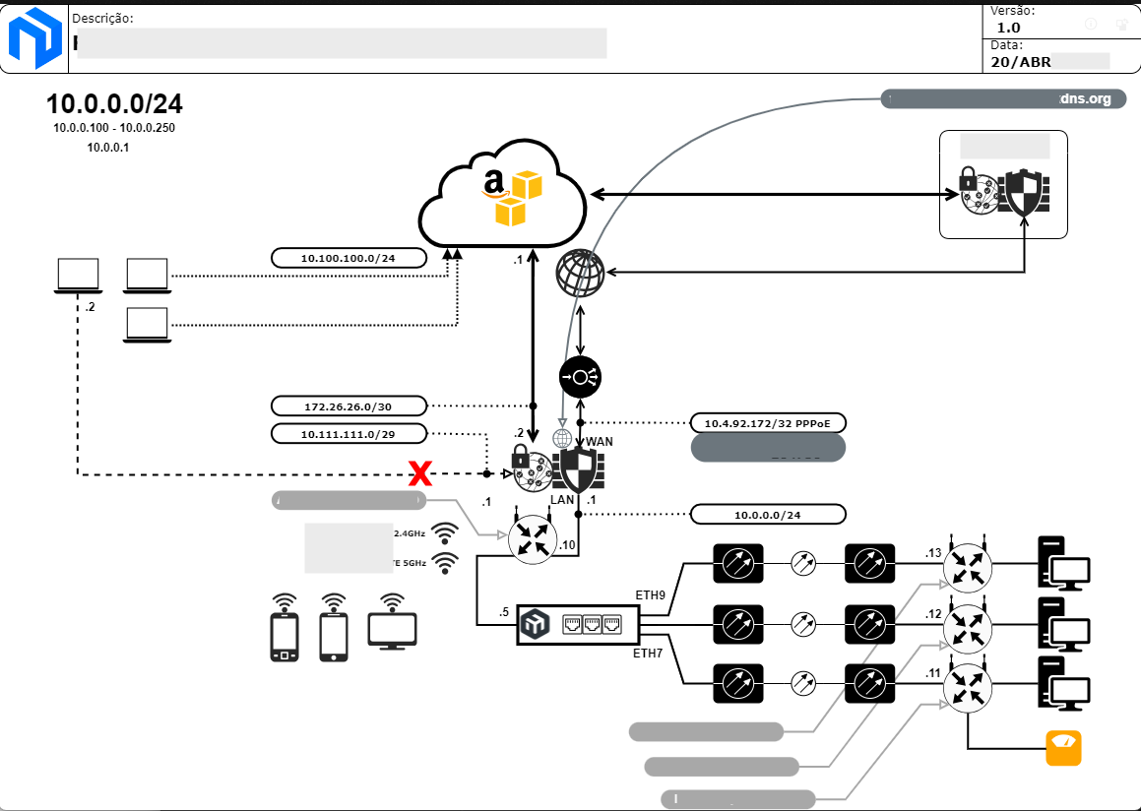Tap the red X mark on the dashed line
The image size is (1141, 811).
[420, 474]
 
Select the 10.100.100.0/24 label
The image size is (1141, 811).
[349, 258]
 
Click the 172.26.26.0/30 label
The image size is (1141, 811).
[349, 405]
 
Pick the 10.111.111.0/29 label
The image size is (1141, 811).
[349, 433]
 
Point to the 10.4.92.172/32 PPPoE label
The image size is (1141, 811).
[768, 423]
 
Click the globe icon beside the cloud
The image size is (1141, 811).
[580, 273]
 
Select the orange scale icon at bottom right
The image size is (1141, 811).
[1063, 748]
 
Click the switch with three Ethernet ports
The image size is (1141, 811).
[578, 624]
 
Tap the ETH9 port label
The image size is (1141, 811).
[652, 594]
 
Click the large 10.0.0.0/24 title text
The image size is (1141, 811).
[114, 104]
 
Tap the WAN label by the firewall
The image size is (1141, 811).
[600, 442]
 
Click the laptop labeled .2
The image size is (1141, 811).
[78, 276]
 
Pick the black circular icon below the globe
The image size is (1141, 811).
[580, 377]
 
